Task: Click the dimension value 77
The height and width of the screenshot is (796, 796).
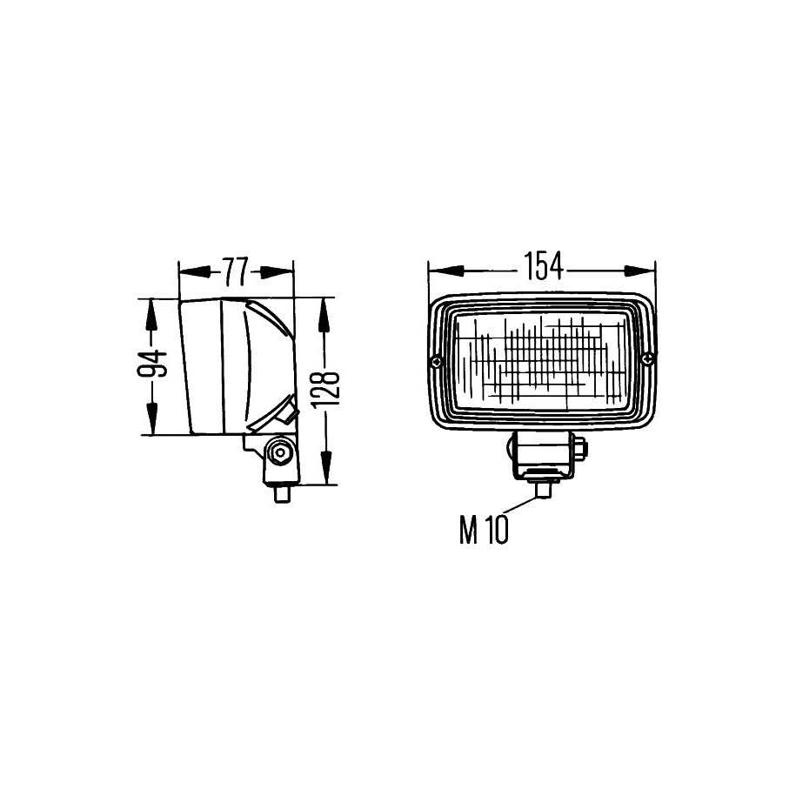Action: point(235,271)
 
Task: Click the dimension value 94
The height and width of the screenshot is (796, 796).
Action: point(152,364)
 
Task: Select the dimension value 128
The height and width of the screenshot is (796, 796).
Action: point(324,390)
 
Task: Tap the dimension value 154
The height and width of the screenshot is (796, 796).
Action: point(543,266)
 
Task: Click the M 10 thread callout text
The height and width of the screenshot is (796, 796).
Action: point(484,530)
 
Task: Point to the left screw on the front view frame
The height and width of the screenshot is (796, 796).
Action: point(436,362)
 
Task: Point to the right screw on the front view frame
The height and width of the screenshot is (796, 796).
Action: point(647,359)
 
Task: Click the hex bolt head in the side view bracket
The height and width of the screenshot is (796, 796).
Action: point(279,452)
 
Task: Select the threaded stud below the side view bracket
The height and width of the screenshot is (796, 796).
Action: point(281,494)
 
